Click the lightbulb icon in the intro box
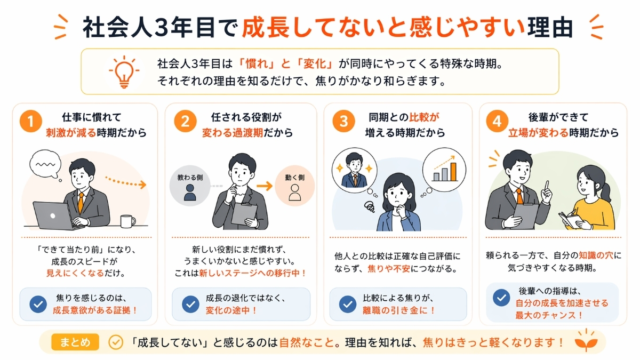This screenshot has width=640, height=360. [x=123, y=72]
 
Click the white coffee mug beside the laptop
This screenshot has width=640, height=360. [x=127, y=221]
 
